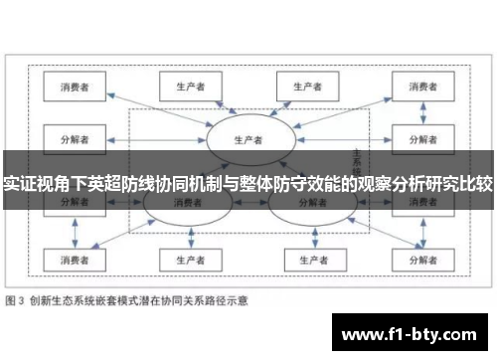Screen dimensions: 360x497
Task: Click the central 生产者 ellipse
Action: pyautogui.click(x=248, y=138)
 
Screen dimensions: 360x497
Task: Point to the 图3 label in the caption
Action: pyautogui.click(x=18, y=299)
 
